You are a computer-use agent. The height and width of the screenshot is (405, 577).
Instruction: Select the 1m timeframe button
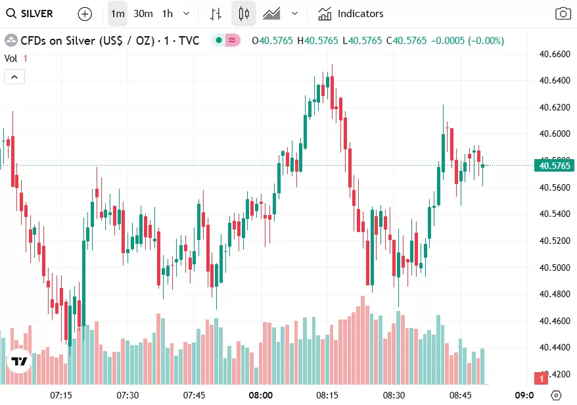[x=118, y=13]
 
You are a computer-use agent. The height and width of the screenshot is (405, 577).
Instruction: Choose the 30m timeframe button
[x=143, y=13]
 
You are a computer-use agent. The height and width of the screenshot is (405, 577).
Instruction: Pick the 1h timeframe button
[x=168, y=13]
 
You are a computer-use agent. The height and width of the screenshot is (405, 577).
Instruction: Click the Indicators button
[x=351, y=13]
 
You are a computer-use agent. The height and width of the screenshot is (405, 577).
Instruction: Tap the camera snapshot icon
[x=563, y=13]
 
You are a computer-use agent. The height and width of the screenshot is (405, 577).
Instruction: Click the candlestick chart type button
[x=244, y=13]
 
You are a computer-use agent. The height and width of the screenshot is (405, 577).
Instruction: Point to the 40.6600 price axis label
[x=554, y=54]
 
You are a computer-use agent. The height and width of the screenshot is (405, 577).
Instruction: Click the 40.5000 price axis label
[x=554, y=268]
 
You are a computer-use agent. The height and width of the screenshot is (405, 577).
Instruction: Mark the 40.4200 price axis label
[x=554, y=374]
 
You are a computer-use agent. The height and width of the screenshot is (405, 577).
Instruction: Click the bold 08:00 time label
[x=261, y=395]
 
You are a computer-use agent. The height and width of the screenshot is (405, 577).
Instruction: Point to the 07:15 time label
[x=61, y=395]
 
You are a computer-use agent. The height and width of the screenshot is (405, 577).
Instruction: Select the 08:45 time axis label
[x=461, y=395]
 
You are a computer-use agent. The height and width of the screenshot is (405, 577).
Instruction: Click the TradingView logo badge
[x=20, y=362]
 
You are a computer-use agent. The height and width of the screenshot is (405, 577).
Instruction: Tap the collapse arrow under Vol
[x=14, y=77]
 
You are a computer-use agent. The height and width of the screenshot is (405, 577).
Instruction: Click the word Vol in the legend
[x=11, y=58]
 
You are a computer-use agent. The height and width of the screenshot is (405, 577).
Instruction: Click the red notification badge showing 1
[x=542, y=379]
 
